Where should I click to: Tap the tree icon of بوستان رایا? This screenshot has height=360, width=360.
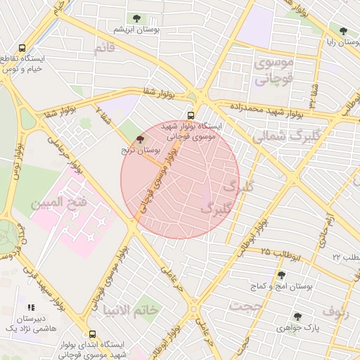(x=342, y=31)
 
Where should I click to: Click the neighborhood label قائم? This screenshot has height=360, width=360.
(x=103, y=48)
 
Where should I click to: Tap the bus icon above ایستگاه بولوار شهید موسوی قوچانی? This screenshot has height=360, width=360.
(x=191, y=115)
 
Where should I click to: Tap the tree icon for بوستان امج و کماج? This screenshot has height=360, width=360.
(x=281, y=275)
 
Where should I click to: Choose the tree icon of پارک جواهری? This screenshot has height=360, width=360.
(x=297, y=316)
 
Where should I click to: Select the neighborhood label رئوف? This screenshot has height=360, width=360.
(x=335, y=310)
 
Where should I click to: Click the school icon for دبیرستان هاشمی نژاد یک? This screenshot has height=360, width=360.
(x=30, y=308)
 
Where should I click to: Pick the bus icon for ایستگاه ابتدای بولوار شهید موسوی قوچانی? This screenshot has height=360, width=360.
(x=91, y=334)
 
